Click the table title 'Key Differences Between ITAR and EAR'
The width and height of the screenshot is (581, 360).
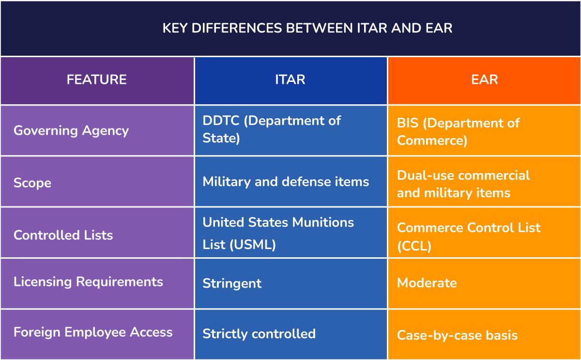pyautogui.click(x=307, y=28)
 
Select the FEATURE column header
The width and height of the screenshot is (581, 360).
pyautogui.click(x=97, y=79)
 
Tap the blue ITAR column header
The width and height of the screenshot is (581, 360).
pyautogui.click(x=290, y=79)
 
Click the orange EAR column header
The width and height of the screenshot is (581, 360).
pyautogui.click(x=484, y=79)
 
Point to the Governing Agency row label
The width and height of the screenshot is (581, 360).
pyautogui.click(x=71, y=130)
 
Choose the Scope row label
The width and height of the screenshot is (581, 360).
pyautogui.click(x=32, y=183)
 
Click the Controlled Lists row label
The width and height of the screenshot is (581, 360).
pyautogui.click(x=63, y=235)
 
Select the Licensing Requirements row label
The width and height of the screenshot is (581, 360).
pyautogui.click(x=88, y=282)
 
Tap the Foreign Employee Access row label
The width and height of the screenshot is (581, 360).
pyautogui.click(x=93, y=332)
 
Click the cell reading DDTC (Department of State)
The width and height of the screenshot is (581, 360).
pyautogui.click(x=272, y=129)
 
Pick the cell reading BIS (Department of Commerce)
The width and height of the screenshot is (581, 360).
pyautogui.click(x=458, y=131)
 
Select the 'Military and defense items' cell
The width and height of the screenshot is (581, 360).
pyautogui.click(x=286, y=182)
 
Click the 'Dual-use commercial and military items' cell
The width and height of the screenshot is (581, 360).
pyautogui.click(x=463, y=184)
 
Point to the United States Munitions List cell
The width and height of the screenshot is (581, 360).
pyautogui.click(x=278, y=233)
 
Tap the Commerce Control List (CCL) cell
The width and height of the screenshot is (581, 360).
pyautogui.click(x=468, y=236)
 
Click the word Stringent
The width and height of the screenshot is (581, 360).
pyautogui.click(x=232, y=283)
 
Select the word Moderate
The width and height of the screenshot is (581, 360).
pyautogui.click(x=427, y=283)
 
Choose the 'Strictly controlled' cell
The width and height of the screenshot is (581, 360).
pyautogui.click(x=259, y=334)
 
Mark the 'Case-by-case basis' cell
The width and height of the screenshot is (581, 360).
pyautogui.click(x=457, y=335)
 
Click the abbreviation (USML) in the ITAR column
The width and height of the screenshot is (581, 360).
pyautogui.click(x=253, y=245)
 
